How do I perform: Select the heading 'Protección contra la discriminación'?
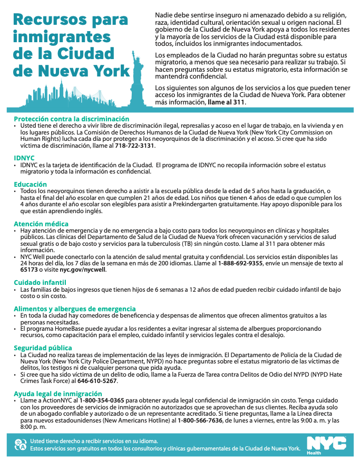pos(71,119)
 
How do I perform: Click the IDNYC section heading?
pos(25,158)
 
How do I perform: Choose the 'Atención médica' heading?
pos(41,224)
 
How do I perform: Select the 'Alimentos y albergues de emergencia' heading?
pos(74,309)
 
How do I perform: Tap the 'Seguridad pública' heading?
pos(43,348)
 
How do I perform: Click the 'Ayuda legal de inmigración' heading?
pos(57,394)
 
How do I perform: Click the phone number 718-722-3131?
pos(134,145)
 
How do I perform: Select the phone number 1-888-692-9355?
pos(240,263)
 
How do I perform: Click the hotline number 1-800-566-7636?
pos(200,420)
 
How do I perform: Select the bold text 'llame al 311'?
pos(226,101)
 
